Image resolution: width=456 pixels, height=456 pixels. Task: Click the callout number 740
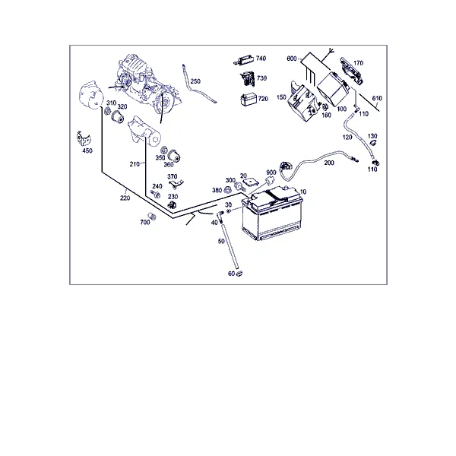[x=261, y=59]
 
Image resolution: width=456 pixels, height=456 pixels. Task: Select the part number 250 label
[x=195, y=81]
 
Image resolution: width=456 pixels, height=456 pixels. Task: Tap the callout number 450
[x=87, y=150]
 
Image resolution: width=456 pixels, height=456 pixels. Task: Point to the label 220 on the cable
[x=125, y=198]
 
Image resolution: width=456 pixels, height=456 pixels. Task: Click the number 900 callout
[x=271, y=173]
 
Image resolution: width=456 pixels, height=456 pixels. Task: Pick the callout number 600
[x=292, y=59]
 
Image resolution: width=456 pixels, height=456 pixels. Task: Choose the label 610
[x=377, y=98]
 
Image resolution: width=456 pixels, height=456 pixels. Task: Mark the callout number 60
[x=231, y=274]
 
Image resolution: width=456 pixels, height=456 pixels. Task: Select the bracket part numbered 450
[x=84, y=138]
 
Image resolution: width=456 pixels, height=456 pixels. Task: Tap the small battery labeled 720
[x=249, y=99]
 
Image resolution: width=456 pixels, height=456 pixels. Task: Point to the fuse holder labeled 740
[x=244, y=61]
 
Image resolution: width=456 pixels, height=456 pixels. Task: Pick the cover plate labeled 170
[x=352, y=71]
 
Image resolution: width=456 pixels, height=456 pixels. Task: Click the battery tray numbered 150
[x=302, y=102]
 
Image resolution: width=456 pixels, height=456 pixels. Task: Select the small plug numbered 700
[x=152, y=217]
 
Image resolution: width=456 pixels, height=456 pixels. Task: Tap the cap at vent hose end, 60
[x=239, y=273]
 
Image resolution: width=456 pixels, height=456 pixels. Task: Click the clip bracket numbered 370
[x=176, y=184]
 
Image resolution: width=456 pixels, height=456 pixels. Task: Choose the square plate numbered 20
[x=251, y=182]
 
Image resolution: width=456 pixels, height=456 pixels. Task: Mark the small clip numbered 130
[x=373, y=142]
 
